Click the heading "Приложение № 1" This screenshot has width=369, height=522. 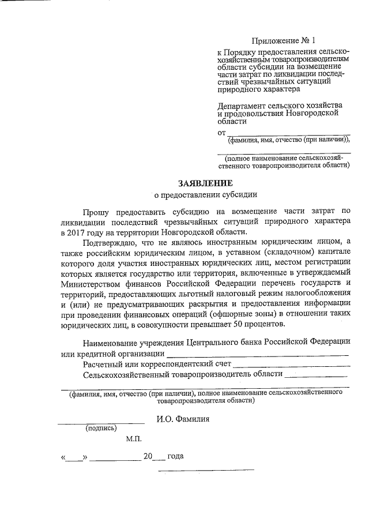tap(284, 41)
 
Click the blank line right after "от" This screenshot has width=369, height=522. tap(288, 133)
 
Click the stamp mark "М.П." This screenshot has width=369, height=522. tap(134, 439)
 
